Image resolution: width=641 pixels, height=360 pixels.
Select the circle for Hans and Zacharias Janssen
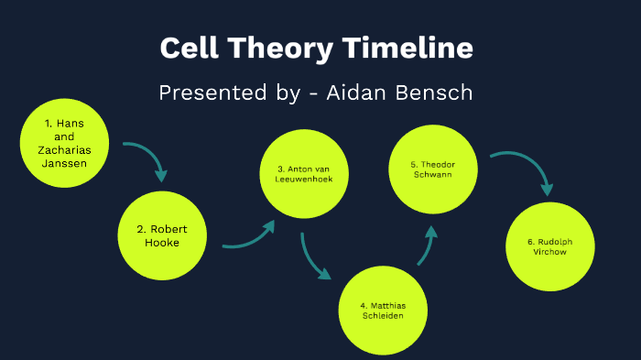tap(61, 145)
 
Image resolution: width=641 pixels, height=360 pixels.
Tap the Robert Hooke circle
tap(161, 236)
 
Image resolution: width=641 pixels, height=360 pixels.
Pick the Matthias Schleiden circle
tap(382, 310)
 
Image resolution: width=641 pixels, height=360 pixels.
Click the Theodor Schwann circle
tap(433, 170)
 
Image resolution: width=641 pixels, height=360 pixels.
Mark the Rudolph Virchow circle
tap(549, 246)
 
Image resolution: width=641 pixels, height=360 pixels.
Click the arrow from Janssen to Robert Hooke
tap(148, 158)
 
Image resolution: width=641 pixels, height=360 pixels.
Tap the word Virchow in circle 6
tap(549, 252)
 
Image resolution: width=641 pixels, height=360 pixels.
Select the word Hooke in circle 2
tap(161, 243)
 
